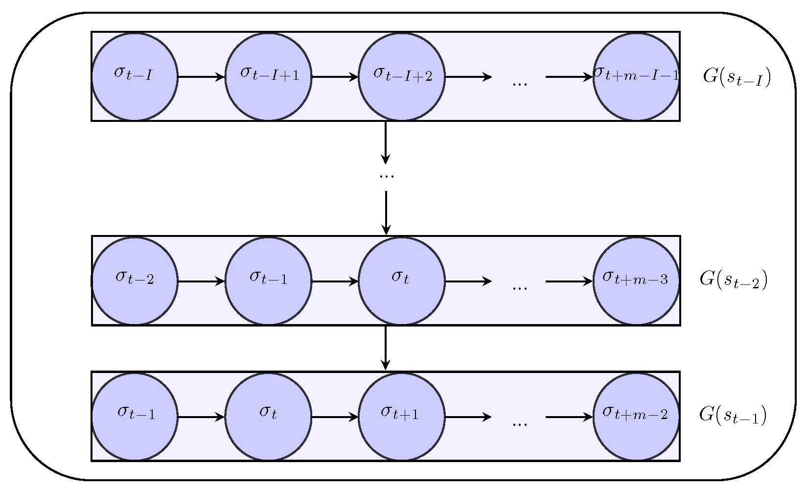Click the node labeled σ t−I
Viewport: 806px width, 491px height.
tap(135, 76)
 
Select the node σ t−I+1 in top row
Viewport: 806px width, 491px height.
tap(268, 76)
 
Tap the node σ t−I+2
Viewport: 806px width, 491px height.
tap(402, 76)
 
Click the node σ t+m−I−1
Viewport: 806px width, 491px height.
tap(636, 76)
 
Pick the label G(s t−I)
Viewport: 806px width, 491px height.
tap(737, 77)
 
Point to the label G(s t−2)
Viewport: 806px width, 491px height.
tap(734, 280)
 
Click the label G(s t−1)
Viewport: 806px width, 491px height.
tap(733, 415)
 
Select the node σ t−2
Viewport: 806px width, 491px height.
tap(135, 281)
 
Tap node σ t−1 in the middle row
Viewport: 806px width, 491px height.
tap(268, 281)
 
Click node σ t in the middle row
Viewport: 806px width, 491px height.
tap(402, 281)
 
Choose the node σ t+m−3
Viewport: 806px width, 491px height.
tap(636, 281)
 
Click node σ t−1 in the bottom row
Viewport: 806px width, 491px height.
tap(135, 417)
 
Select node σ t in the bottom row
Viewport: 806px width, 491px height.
tap(268, 417)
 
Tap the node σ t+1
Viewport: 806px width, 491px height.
tap(402, 417)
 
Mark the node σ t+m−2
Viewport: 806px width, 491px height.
tap(636, 417)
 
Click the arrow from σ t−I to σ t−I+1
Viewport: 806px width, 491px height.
tap(201, 76)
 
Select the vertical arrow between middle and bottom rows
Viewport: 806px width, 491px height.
tap(386, 348)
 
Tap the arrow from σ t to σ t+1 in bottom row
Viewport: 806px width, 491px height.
tap(335, 417)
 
